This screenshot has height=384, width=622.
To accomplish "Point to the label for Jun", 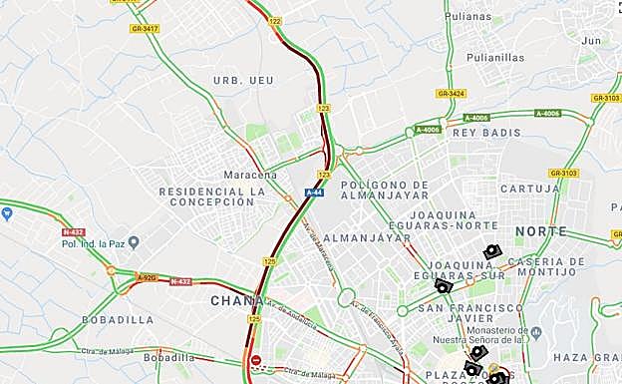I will tap(592, 41).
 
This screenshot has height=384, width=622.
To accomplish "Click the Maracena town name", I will tap(249, 175).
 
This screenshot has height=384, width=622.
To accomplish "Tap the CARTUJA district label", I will tap(523, 188).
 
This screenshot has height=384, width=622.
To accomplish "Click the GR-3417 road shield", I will tap(145, 29).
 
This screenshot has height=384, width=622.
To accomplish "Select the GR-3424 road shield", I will tap(451, 94).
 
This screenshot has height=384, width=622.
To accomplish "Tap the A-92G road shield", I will tap(147, 277).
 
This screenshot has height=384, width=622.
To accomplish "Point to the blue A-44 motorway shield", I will tap(315, 192).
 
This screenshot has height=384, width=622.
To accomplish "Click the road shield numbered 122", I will tap(275, 21).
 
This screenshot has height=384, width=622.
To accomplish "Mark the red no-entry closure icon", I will tap(256, 360).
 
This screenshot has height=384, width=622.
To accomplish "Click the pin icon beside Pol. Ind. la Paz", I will tap(133, 242).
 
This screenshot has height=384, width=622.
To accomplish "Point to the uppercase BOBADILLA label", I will tap(118, 320).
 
